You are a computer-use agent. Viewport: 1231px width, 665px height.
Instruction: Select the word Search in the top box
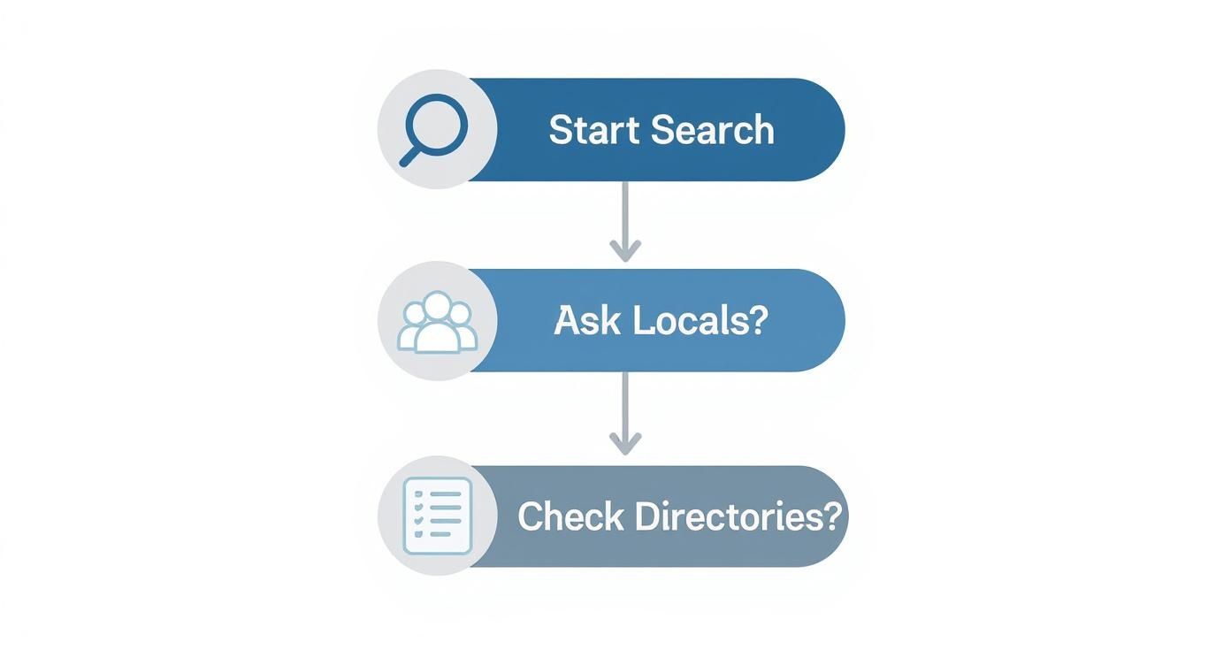coord(712,130)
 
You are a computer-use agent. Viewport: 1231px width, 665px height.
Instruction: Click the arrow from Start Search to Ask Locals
coord(625,221)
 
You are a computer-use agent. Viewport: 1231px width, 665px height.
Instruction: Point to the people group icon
coord(438,322)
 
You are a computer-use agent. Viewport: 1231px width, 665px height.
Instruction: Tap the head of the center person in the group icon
coord(438,305)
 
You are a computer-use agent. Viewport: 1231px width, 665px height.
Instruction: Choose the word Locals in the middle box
coord(690,320)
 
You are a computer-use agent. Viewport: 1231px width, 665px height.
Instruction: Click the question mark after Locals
coord(758,320)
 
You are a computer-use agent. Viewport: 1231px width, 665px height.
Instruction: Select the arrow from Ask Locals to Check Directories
coord(625,413)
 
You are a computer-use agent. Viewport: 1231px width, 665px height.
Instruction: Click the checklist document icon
coord(438,516)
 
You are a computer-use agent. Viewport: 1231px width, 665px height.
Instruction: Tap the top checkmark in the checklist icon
coord(419,493)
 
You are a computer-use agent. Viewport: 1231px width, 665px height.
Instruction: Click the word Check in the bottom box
coord(571,516)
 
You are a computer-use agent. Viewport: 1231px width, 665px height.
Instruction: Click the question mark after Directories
coord(830,516)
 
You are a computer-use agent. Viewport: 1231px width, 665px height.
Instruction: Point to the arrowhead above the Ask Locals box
coord(625,250)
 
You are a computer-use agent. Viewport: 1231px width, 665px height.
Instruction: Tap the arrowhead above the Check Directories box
coord(625,444)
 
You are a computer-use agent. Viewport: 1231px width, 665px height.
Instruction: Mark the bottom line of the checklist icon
coord(440,533)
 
